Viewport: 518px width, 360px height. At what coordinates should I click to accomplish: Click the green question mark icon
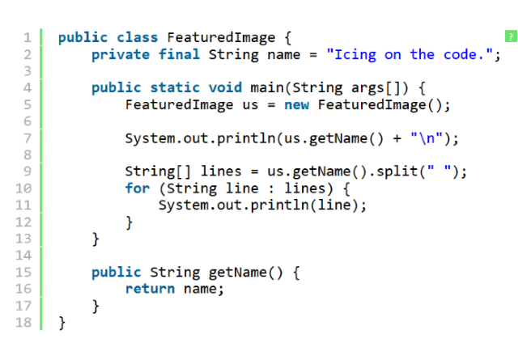click(x=511, y=36)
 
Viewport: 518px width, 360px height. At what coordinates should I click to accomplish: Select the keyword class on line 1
click(x=138, y=37)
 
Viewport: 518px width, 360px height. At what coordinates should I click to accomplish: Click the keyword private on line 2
click(x=121, y=54)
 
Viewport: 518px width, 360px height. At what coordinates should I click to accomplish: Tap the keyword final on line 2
click(x=179, y=54)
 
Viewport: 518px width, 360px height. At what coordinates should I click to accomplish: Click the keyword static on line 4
click(x=175, y=87)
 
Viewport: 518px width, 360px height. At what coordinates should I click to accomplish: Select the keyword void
click(x=225, y=87)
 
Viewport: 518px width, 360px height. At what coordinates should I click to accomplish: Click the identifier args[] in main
click(x=376, y=88)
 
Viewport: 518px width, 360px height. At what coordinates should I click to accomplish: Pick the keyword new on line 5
click(x=297, y=105)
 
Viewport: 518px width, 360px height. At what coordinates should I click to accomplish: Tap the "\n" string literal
click(x=427, y=138)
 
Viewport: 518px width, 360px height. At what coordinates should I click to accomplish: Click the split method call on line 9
click(x=397, y=172)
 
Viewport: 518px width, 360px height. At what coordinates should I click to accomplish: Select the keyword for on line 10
click(x=138, y=188)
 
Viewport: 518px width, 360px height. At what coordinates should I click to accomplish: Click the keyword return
click(x=150, y=289)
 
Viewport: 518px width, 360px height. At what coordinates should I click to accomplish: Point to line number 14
click(x=23, y=256)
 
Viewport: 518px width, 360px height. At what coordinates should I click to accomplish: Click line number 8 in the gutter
click(x=28, y=155)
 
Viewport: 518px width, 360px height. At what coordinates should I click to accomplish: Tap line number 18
click(x=23, y=322)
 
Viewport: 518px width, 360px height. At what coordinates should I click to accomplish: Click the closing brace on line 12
click(x=129, y=222)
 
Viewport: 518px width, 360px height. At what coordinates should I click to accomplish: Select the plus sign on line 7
click(x=397, y=138)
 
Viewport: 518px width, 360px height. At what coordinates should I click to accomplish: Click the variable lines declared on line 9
click(x=221, y=172)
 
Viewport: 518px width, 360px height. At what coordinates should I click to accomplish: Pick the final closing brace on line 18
click(x=62, y=323)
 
